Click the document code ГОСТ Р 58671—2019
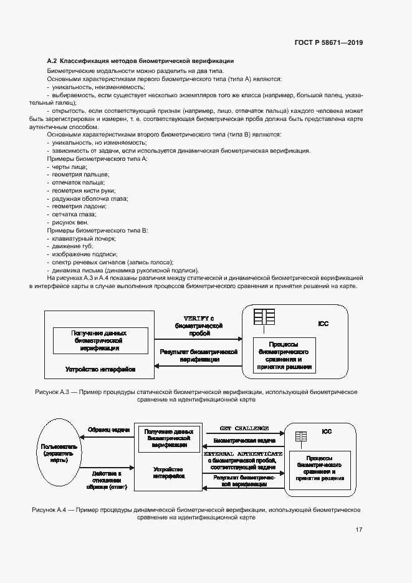tap(328, 43)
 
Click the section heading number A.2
tap(52, 61)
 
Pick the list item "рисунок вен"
tap(70, 222)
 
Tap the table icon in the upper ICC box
tap(264, 317)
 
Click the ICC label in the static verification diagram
tap(323, 324)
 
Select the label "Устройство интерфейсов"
tap(100, 369)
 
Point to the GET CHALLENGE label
tap(244, 428)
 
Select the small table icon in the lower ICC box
tap(301, 436)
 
